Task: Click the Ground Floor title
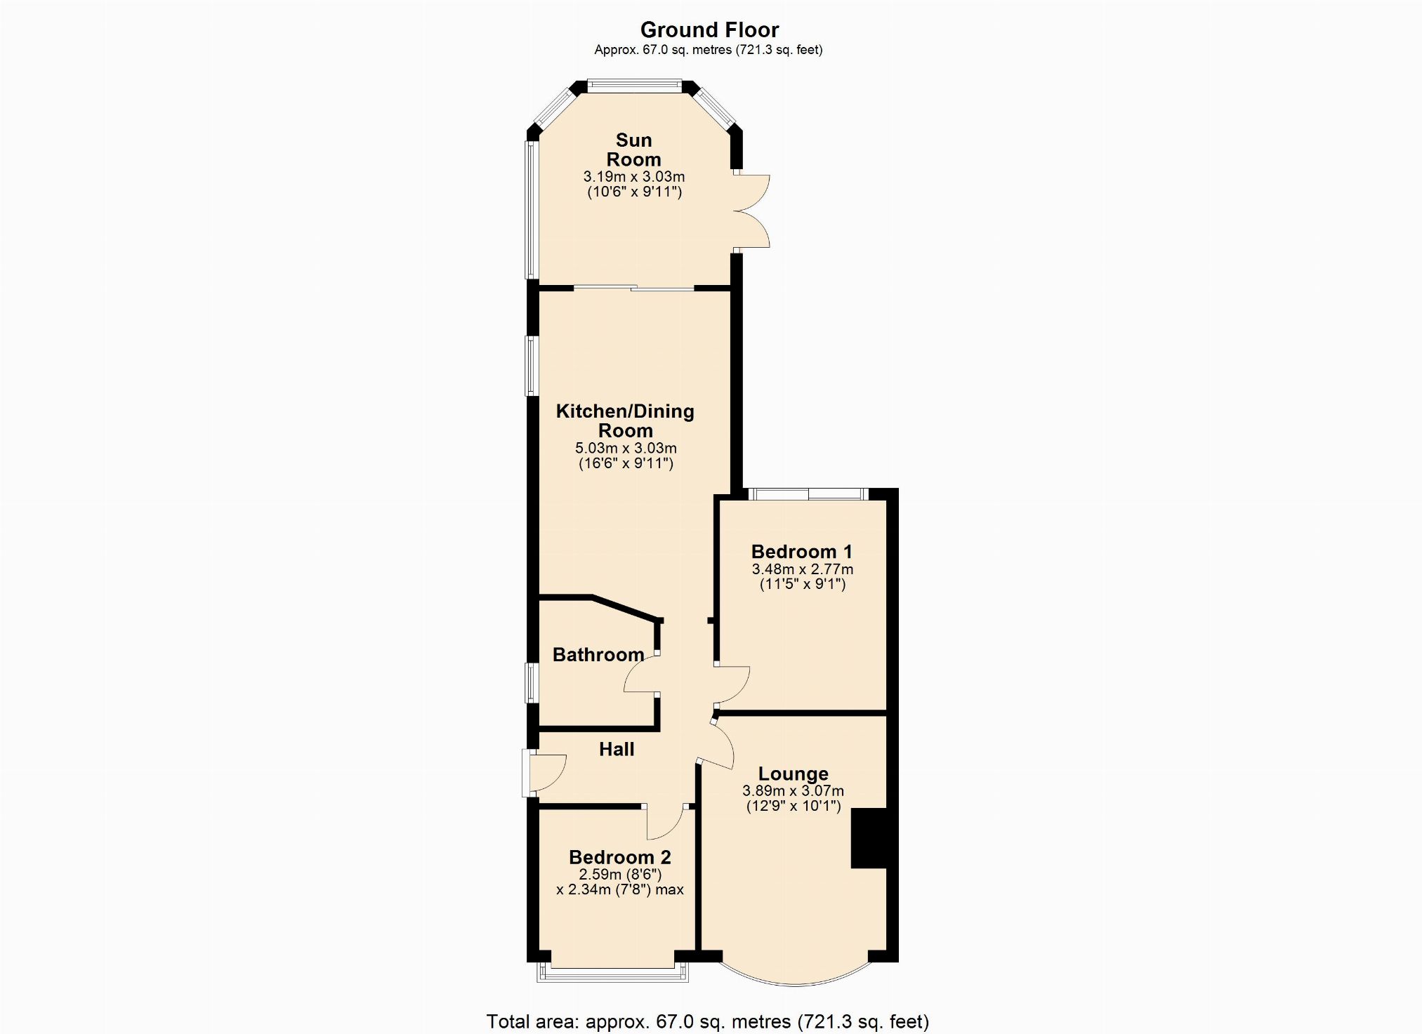pos(709,30)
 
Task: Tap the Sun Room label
pos(633,150)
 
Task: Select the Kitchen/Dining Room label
pos(625,420)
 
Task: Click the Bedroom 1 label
pos(801,552)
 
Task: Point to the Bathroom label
pos(598,655)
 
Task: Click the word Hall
pos(617,750)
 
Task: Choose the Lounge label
pos(794,774)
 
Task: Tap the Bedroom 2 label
pos(620,857)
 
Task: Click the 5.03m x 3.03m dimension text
pos(626,448)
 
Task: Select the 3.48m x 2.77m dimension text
pos(803,569)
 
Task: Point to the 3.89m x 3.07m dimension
pos(794,791)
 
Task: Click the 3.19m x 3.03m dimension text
pos(634,177)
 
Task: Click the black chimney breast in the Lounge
pos(870,838)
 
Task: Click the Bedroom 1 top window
pos(808,494)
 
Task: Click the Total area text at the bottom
pos(708,1021)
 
